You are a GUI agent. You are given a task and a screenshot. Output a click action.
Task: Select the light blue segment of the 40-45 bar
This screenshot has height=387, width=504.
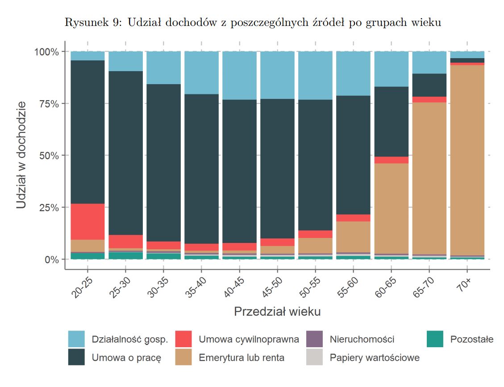[x=240, y=75]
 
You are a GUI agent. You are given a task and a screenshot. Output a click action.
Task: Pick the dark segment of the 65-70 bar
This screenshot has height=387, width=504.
[x=429, y=85]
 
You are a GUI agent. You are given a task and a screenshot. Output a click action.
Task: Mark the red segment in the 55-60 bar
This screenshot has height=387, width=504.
[x=354, y=218]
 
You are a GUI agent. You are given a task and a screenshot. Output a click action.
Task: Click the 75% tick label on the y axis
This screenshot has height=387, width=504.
[x=46, y=104]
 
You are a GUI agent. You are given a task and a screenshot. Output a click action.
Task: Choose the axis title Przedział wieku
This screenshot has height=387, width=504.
[x=277, y=311]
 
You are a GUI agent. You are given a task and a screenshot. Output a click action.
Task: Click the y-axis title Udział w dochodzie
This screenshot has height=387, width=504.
[x=22, y=155]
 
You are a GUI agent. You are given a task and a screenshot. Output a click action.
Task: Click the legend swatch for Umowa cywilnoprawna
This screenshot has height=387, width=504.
[x=183, y=339]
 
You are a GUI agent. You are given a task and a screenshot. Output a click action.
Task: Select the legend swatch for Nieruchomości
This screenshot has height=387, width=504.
[x=315, y=339]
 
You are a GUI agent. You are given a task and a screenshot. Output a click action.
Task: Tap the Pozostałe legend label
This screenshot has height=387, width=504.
[x=471, y=339]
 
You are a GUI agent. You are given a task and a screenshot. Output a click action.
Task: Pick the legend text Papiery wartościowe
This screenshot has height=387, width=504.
[x=374, y=357]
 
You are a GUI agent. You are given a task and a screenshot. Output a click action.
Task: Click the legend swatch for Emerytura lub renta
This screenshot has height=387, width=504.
[x=183, y=357]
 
